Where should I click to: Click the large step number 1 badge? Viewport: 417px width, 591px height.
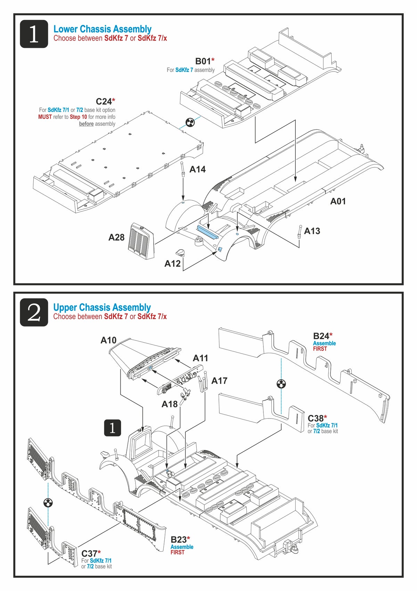(34, 34)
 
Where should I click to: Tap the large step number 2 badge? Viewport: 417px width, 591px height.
(34, 312)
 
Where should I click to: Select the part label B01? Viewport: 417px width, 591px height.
(203, 61)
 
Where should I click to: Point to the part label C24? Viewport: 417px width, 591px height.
(104, 101)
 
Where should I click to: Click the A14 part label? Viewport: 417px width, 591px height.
(197, 169)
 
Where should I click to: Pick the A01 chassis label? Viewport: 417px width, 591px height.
(338, 201)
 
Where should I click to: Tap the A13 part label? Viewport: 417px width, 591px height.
(312, 231)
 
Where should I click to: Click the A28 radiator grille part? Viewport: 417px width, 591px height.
(141, 241)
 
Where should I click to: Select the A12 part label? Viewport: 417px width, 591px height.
(172, 263)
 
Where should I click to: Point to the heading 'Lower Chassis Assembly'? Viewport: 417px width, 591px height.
(103, 29)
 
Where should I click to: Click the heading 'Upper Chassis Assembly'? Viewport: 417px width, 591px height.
(102, 307)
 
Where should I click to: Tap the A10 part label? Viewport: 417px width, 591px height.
(108, 340)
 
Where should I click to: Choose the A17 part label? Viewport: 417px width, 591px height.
(219, 381)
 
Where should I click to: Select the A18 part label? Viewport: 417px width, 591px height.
(170, 404)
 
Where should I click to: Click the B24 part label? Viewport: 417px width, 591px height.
(321, 336)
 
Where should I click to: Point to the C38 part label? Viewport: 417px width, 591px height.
(316, 418)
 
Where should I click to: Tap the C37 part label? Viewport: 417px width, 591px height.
(89, 553)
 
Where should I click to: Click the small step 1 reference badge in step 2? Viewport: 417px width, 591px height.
(113, 428)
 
